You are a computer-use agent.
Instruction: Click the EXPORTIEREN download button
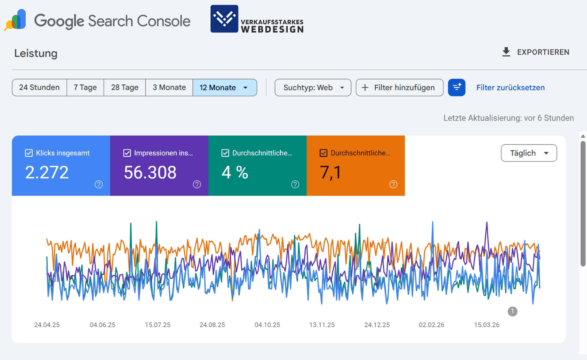(535, 52)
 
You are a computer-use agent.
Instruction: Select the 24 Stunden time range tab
(39, 87)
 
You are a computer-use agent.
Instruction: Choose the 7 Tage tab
(85, 87)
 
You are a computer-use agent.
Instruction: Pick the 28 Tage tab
(125, 87)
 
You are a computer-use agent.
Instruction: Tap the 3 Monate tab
(169, 87)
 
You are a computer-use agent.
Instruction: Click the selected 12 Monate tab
(225, 87)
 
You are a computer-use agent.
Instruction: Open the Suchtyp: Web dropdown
(313, 87)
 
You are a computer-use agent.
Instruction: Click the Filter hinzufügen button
(400, 87)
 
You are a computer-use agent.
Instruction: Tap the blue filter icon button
(457, 87)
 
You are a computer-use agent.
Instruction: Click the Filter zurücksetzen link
(510, 87)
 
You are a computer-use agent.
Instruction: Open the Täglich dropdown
(528, 153)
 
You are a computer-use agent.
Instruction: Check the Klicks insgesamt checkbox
(29, 153)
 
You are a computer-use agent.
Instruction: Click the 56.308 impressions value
(150, 173)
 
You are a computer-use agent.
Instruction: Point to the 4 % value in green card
(235, 173)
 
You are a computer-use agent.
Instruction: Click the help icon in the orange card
(393, 184)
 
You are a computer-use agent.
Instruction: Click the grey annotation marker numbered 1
(512, 311)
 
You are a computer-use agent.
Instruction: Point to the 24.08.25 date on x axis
(212, 325)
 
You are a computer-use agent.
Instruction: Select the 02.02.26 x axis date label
(431, 325)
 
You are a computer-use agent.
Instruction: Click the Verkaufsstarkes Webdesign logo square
(224, 19)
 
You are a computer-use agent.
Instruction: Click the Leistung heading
(36, 53)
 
